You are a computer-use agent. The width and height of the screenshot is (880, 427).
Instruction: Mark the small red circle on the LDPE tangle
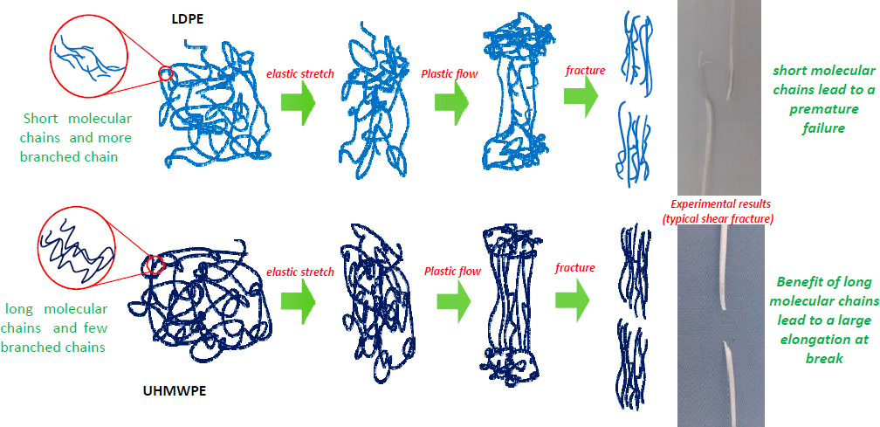[x=165, y=75]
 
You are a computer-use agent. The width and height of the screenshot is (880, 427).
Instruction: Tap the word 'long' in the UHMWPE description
[x=21, y=309]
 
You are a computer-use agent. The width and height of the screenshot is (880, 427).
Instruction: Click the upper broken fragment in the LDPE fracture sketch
[x=636, y=49]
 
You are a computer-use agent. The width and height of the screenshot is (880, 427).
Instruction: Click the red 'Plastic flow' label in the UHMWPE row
[x=452, y=272]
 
